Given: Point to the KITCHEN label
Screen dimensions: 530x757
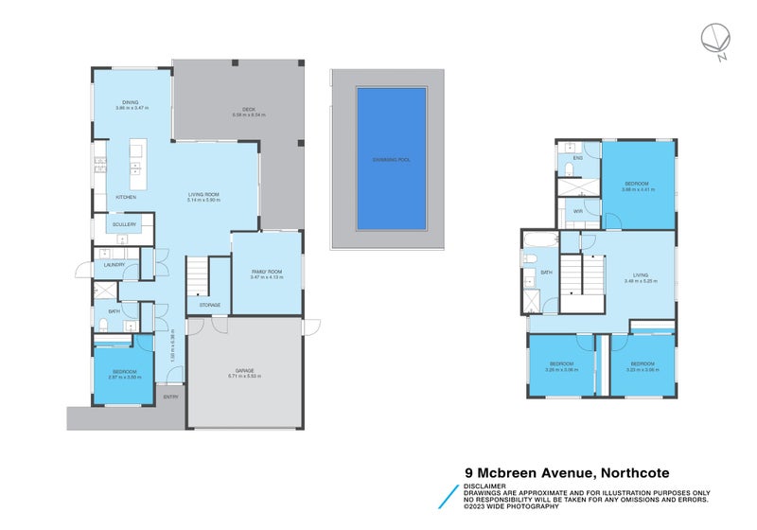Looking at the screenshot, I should click(126, 197).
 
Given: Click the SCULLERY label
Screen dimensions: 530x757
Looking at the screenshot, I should click(125, 224).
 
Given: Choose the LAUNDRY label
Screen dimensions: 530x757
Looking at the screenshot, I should click(114, 264).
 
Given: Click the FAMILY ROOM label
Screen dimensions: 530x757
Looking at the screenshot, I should click(267, 273).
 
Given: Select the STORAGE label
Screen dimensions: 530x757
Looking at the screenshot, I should click(209, 305).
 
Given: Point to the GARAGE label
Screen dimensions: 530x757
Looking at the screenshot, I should click(244, 370).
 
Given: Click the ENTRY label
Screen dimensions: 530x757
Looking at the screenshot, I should click(170, 397).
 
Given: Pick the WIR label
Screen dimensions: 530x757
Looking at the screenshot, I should click(577, 211).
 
